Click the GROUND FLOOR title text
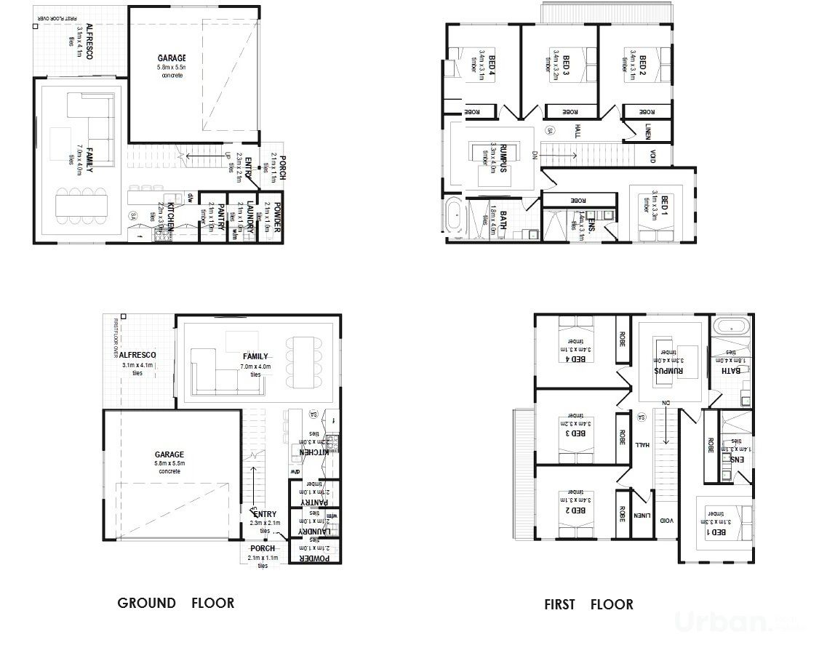(x=175, y=603)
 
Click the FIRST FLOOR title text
(x=588, y=604)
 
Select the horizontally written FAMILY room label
(x=256, y=356)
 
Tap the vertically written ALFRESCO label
(x=89, y=41)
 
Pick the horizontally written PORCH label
(x=262, y=548)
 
